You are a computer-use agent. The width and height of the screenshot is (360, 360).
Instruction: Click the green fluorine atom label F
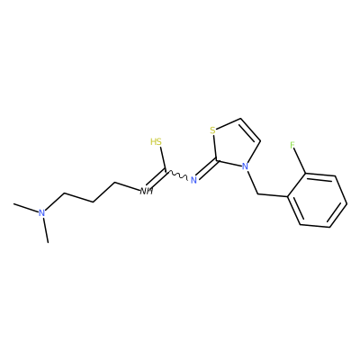[x=292, y=146]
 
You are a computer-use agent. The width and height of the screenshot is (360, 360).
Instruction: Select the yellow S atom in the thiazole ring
[x=212, y=130]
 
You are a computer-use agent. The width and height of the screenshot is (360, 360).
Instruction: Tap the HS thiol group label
[x=156, y=141]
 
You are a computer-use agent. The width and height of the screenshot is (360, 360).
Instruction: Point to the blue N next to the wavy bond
[x=193, y=180]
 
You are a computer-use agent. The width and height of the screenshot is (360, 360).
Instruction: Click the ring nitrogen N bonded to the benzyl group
[x=245, y=166]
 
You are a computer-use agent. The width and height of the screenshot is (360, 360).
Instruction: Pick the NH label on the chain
[x=147, y=191]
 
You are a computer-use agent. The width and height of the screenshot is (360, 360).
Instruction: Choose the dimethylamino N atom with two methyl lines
[x=42, y=213]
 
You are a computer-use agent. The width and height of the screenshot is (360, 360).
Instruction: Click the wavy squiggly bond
[x=176, y=175]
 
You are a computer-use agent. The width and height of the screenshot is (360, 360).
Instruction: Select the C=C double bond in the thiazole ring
[x=249, y=130]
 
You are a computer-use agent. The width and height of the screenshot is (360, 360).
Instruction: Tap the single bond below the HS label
[x=162, y=158]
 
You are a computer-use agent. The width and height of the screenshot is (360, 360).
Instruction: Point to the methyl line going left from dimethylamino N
[x=26, y=208]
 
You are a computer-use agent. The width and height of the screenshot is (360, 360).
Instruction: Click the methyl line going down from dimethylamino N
[x=46, y=229]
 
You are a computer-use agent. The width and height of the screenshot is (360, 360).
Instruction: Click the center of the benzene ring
[x=318, y=201]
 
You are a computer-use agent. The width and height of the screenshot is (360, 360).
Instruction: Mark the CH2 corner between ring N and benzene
[x=258, y=194]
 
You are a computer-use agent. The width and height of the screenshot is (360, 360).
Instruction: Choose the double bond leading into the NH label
[x=156, y=179]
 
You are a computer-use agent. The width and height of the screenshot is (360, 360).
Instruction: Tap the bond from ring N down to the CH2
[x=252, y=183]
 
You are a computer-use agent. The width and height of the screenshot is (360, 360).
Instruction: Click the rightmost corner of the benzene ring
[x=347, y=204]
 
